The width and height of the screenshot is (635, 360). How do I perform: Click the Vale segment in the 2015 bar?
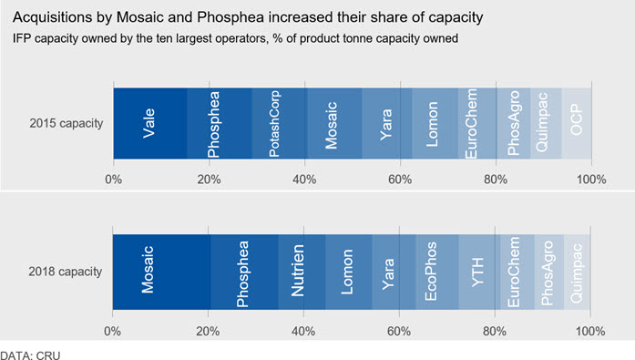pos(150,124)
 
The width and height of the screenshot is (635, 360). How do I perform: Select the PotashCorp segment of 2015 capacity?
pos(280,124)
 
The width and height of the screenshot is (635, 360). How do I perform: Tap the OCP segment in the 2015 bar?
pos(577,124)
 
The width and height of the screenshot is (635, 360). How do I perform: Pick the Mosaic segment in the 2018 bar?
pos(161,272)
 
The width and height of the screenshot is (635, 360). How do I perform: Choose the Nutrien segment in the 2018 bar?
pos(302,272)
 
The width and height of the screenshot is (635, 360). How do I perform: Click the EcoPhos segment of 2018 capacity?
pos(437,272)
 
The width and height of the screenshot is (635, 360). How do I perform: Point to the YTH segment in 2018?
pos(479,272)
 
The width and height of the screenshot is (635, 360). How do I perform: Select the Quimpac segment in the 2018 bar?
pos(577,272)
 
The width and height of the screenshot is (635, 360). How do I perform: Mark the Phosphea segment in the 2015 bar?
pos(220,124)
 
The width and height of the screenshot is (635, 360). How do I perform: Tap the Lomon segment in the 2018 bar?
pos(349,272)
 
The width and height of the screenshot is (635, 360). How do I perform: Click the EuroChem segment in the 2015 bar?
pos(477,124)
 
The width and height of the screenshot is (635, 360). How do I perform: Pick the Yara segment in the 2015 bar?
pos(387,124)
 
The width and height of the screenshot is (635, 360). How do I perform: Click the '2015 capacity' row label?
pos(67,123)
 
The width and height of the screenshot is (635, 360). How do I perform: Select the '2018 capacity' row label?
pos(66,272)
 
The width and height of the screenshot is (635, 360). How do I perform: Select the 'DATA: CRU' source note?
pos(30,355)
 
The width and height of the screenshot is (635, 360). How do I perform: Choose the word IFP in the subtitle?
pos(22,38)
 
